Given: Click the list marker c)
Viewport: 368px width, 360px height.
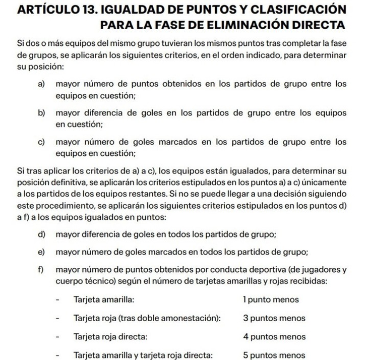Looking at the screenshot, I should (42, 142).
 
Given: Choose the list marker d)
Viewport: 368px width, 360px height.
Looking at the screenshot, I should (42, 234).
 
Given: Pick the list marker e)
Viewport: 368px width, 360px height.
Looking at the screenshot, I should (42, 252).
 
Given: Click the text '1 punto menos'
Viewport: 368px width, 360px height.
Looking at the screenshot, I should (271, 300).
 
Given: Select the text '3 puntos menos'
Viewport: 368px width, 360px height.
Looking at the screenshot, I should (274, 318).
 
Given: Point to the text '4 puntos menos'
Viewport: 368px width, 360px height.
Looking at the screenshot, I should (274, 336).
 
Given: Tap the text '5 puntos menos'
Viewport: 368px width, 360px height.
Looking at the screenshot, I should (274, 354).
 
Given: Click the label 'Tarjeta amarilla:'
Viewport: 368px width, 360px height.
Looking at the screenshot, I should (104, 300).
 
